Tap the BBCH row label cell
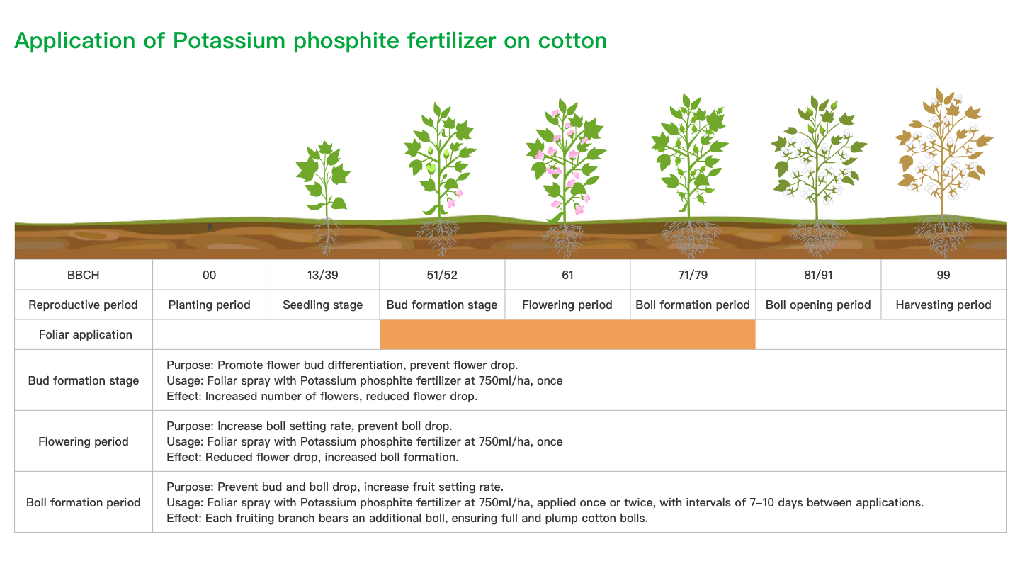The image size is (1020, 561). [84, 275]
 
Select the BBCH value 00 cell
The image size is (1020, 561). [210, 275]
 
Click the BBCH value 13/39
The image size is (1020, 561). [322, 275]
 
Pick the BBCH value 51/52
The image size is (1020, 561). [442, 275]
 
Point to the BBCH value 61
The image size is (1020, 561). [567, 275]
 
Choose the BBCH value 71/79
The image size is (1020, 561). [693, 275]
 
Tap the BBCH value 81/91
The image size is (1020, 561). [818, 275]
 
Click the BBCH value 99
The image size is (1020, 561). [943, 275]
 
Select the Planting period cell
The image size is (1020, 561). [210, 305]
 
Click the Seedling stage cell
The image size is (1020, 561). [322, 305]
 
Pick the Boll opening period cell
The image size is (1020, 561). [818, 305]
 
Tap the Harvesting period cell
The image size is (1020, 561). [943, 305]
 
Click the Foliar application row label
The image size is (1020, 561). [86, 334]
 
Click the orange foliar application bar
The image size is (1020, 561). [567, 334]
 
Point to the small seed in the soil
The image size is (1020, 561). [210, 227]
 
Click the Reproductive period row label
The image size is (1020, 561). [84, 305]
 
